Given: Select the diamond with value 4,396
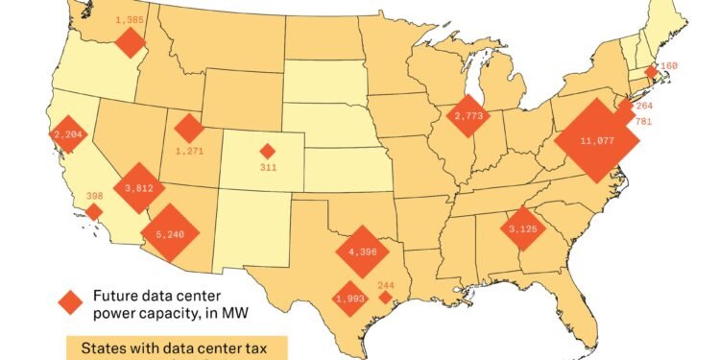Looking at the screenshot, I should click(363, 252).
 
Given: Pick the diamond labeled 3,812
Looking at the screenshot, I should click(139, 187).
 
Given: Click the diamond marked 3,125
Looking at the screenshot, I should click(523, 229).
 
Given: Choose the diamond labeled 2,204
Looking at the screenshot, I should click(69, 134).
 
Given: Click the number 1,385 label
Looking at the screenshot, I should click(130, 19).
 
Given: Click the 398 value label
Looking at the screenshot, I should click(95, 196).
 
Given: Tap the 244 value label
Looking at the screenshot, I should click(386, 284).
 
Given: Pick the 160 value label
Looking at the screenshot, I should click(668, 66).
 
